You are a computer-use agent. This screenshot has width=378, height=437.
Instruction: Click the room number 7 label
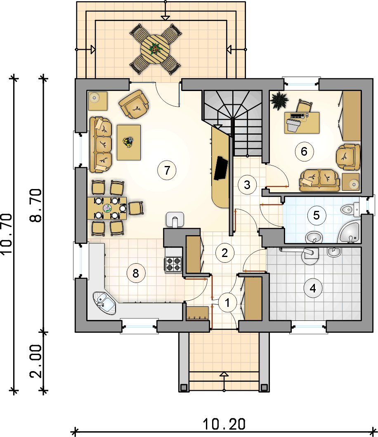[x=167, y=170]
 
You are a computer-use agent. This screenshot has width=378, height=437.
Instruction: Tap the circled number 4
[x=313, y=288]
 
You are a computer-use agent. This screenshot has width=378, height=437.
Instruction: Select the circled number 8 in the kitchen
[x=136, y=273]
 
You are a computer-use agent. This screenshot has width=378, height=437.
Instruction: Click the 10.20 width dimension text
[x=224, y=424]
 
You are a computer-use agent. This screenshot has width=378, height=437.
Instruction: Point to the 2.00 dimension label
[x=36, y=361]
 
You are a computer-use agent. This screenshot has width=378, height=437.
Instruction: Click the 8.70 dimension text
[x=36, y=206]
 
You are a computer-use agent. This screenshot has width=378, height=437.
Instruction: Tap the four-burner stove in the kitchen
[x=173, y=264]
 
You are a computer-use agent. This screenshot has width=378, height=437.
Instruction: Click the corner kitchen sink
[x=104, y=303]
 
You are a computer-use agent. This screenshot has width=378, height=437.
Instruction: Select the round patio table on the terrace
[x=155, y=49]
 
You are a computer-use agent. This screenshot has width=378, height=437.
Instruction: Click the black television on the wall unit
[x=221, y=168]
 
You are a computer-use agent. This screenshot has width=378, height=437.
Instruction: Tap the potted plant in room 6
[x=279, y=100]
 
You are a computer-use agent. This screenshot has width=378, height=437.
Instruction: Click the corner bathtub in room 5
[x=350, y=232]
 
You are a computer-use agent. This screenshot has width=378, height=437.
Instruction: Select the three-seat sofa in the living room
[x=101, y=145]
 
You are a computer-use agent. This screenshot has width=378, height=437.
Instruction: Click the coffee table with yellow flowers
[x=128, y=143]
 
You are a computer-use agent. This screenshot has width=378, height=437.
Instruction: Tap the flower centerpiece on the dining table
[x=107, y=208]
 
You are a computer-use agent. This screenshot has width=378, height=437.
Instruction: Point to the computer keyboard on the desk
[x=298, y=115]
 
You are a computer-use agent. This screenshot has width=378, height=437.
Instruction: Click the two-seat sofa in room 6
[x=320, y=180]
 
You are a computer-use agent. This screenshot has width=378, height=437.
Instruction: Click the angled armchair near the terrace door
[x=134, y=104]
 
